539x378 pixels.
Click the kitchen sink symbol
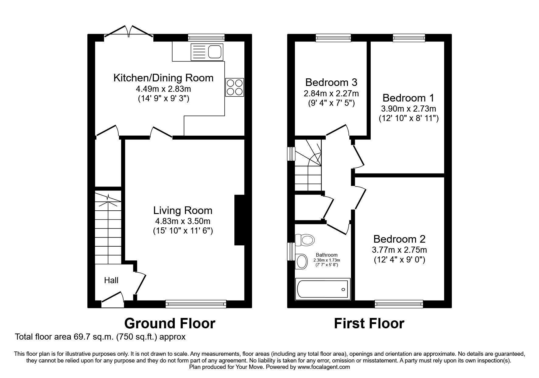tap(207, 52)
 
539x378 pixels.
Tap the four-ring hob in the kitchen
tap(235, 87)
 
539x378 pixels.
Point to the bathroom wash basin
tap(302, 262)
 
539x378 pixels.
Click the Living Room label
tap(183, 210)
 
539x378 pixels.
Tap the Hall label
tap(111, 280)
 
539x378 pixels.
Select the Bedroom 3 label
tap(331, 82)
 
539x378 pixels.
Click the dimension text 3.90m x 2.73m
tap(408, 109)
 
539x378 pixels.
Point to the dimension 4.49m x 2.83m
tap(163, 89)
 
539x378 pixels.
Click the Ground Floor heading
tap(170, 323)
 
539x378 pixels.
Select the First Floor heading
tap(369, 323)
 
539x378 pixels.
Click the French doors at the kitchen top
tap(129, 32)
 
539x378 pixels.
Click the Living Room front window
tap(196, 304)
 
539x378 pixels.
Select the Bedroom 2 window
tap(399, 304)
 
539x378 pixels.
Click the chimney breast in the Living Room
tap(239, 220)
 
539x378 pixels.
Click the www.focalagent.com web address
tap(324, 367)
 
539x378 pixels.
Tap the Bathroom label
tap(327, 255)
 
